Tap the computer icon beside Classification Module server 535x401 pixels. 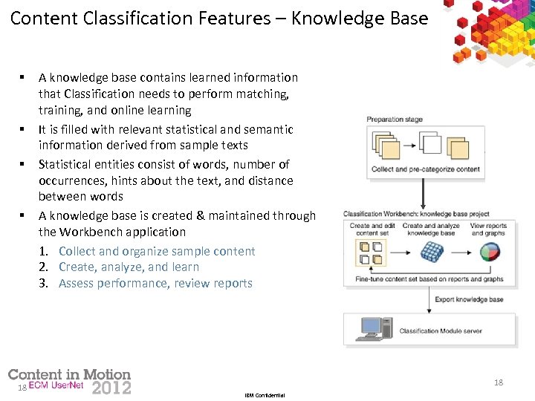coord(372,327)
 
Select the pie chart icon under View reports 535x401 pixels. coord(487,252)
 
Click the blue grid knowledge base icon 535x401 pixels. coord(431,252)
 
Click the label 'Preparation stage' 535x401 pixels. coord(395,119)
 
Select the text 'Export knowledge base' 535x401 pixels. coord(469,299)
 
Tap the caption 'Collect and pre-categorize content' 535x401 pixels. coord(426,169)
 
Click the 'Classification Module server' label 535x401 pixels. coord(441,330)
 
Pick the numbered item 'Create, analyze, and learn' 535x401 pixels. coord(129,267)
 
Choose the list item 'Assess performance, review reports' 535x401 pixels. coord(155,283)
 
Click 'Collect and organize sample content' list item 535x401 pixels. coord(156,251)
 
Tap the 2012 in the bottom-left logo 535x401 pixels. coord(111,387)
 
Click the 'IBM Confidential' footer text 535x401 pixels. coord(264,395)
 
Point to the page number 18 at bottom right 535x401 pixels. coord(498,382)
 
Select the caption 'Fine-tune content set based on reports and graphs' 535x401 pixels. coord(429,279)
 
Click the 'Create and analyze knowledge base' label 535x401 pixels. coord(431,229)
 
